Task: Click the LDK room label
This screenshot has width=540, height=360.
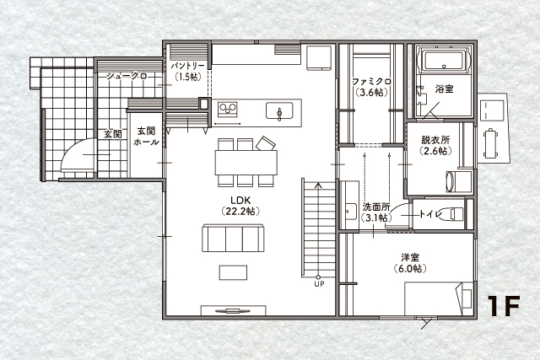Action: (x=240, y=201)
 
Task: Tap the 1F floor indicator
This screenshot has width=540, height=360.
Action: (x=503, y=306)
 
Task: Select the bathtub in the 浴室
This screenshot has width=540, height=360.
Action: (x=444, y=62)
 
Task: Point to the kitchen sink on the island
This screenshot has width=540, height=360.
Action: (x=279, y=110)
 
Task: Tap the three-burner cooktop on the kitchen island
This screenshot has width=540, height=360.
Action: (x=227, y=109)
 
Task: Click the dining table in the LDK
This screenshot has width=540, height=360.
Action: (x=246, y=163)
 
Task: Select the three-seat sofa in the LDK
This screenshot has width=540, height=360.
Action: (x=233, y=238)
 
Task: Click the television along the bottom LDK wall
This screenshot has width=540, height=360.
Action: (x=233, y=311)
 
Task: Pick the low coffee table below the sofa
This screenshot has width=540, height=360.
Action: (x=233, y=272)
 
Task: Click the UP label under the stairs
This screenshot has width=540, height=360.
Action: (x=319, y=284)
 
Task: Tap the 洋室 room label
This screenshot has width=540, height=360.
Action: (x=410, y=257)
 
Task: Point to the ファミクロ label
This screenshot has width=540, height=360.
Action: (x=371, y=82)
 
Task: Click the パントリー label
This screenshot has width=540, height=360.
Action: (x=187, y=66)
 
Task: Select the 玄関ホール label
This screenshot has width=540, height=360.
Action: (x=146, y=137)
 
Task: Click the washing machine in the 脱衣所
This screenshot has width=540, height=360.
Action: (x=459, y=182)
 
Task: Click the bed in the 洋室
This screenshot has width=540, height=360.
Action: (x=439, y=298)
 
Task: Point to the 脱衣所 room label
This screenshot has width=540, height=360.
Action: (x=435, y=140)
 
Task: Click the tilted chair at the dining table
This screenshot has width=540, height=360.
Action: (x=266, y=143)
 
